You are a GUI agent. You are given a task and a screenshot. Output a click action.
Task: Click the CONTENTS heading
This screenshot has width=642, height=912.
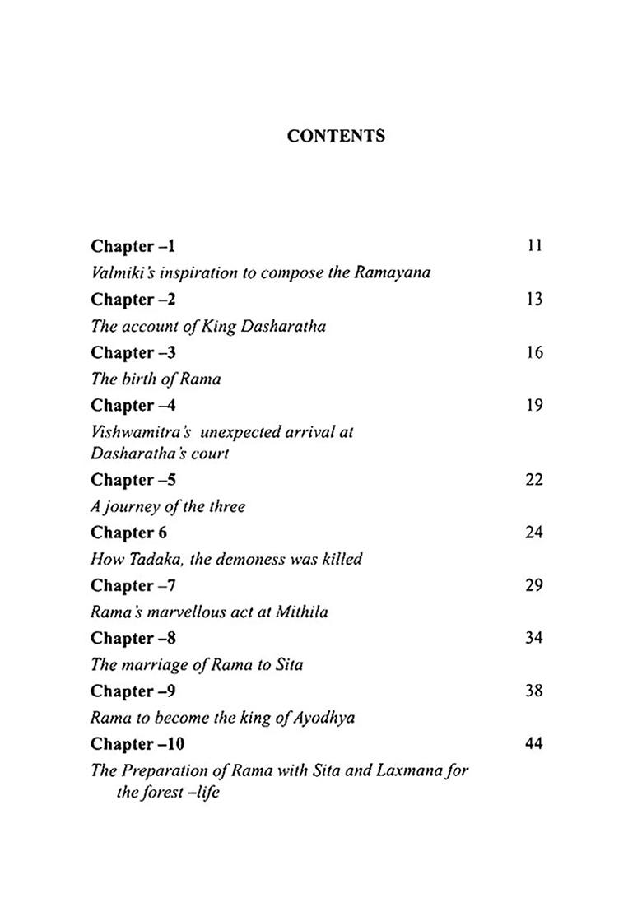click(336, 137)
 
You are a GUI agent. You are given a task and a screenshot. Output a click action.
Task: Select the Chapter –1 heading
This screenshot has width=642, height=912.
click(133, 246)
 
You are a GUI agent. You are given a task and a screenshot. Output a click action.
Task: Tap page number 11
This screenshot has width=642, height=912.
click(534, 246)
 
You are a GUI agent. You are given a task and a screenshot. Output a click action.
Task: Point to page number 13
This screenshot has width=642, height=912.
click(534, 299)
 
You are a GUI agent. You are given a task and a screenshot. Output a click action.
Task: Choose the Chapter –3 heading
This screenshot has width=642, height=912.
click(133, 352)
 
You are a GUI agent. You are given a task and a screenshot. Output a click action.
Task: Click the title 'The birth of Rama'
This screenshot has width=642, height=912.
click(156, 379)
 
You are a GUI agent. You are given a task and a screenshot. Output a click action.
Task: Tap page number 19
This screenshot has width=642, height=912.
click(534, 405)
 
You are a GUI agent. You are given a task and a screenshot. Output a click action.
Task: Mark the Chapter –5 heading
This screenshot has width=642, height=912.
click(133, 480)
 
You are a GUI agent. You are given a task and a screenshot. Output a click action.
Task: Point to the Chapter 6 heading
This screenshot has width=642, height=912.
click(128, 533)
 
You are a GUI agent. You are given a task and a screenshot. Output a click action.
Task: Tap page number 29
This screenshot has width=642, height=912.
click(534, 585)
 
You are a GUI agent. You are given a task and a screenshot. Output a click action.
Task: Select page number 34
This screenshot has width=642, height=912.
click(534, 638)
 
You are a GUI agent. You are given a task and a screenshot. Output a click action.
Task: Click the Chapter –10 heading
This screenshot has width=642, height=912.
click(137, 744)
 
